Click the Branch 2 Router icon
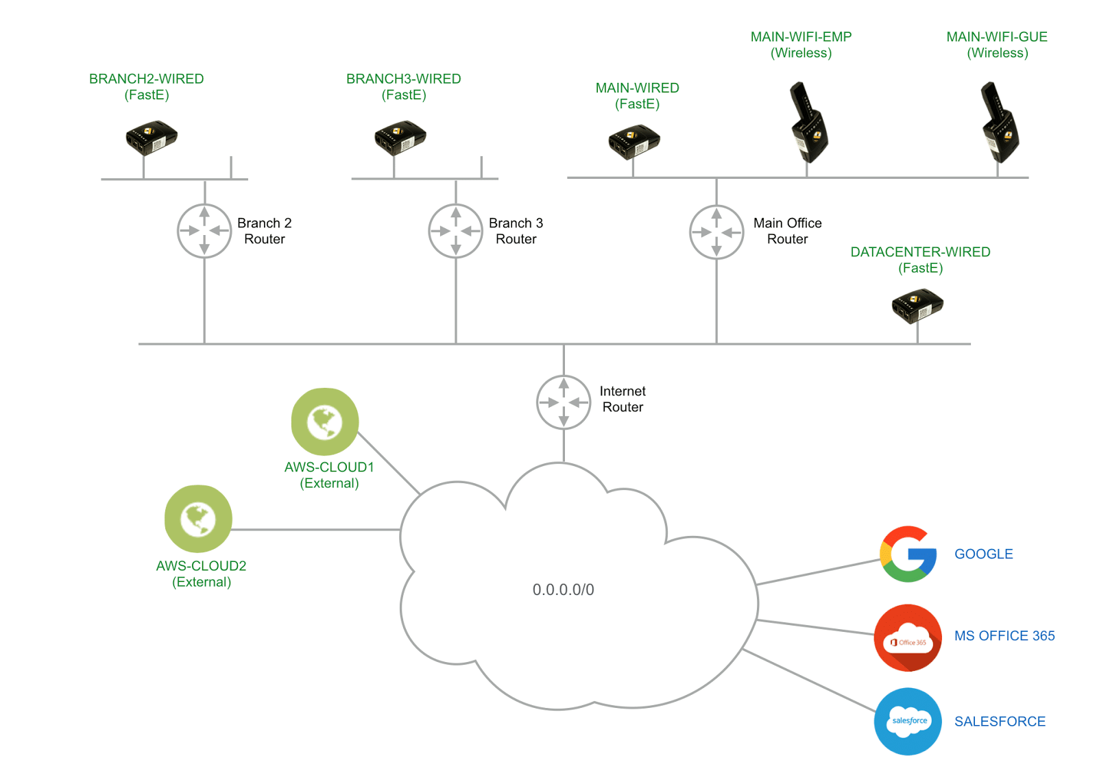pyautogui.click(x=204, y=231)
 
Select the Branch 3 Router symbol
pyautogui.click(x=456, y=231)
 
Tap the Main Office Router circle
pyautogui.click(x=716, y=232)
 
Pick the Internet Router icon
pyautogui.click(x=564, y=402)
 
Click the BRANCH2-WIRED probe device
pyautogui.click(x=152, y=137)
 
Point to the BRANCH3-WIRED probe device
pyautogui.click(x=400, y=137)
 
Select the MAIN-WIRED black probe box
pyautogui.click(x=634, y=141)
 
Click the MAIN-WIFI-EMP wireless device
pyautogui.click(x=808, y=123)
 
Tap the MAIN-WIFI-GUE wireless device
pyautogui.click(x=1000, y=123)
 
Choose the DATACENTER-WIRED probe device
pyautogui.click(x=917, y=306)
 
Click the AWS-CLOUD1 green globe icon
pyautogui.click(x=325, y=421)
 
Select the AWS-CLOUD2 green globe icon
pyautogui.click(x=198, y=519)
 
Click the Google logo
pyautogui.click(x=908, y=554)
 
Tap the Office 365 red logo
pyautogui.click(x=908, y=637)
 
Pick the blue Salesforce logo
pyautogui.click(x=908, y=721)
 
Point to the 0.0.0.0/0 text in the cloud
pyautogui.click(x=563, y=589)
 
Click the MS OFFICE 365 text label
pyautogui.click(x=1004, y=636)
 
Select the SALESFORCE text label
pyautogui.click(x=1000, y=722)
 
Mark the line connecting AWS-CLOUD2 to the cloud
pyautogui.click(x=315, y=530)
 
